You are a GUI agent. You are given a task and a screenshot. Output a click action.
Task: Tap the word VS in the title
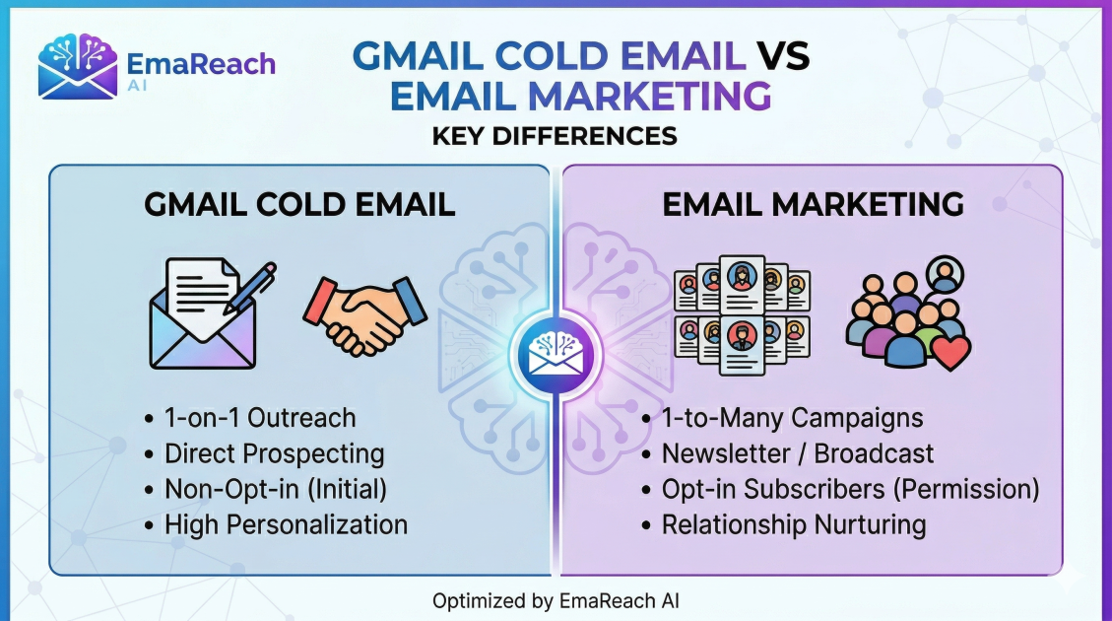tap(784, 55)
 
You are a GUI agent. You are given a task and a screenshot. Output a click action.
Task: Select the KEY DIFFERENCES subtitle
tap(555, 135)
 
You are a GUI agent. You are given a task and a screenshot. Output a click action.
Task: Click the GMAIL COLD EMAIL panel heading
tap(299, 204)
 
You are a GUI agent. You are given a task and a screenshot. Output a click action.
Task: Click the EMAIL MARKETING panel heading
tap(813, 204)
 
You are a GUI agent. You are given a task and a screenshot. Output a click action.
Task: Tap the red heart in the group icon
tap(950, 351)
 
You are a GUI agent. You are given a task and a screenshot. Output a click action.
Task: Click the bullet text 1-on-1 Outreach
tap(260, 418)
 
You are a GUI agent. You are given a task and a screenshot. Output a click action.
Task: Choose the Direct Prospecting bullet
tap(274, 453)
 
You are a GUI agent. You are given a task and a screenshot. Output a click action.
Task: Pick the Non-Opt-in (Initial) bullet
tap(276, 489)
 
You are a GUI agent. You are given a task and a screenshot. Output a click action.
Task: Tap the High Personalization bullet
tap(286, 524)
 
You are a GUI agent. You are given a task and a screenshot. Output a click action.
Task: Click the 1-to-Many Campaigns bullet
tap(792, 418)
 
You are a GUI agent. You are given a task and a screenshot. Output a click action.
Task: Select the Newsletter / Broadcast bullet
tap(798, 453)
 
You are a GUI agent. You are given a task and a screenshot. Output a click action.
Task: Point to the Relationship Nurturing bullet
tap(793, 524)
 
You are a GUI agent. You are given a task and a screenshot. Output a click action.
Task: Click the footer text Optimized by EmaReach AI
tap(556, 600)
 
